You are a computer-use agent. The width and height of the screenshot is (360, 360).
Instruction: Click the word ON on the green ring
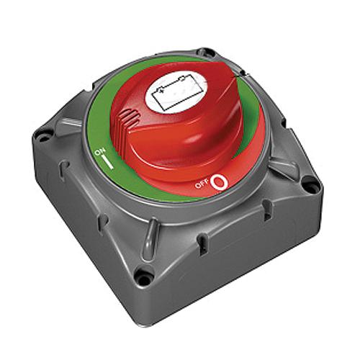tap(102, 153)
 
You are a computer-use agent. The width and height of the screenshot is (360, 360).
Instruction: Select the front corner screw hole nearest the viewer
tap(145, 276)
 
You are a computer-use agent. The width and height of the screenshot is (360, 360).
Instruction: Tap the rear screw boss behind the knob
tap(207, 53)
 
